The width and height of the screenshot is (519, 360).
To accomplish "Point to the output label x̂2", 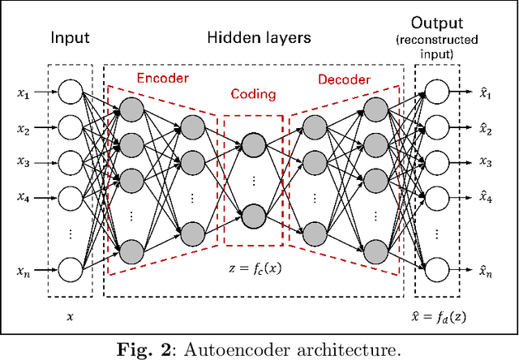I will (485, 128).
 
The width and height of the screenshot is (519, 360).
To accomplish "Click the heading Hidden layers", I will (259, 36).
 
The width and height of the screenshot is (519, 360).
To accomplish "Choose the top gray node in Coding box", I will (253, 144).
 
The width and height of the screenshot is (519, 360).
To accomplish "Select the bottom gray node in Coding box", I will (253, 216).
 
